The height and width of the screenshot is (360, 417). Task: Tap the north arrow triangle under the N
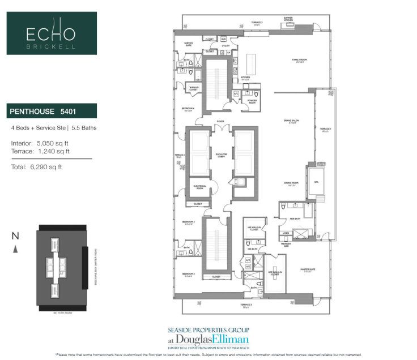[18, 248]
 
